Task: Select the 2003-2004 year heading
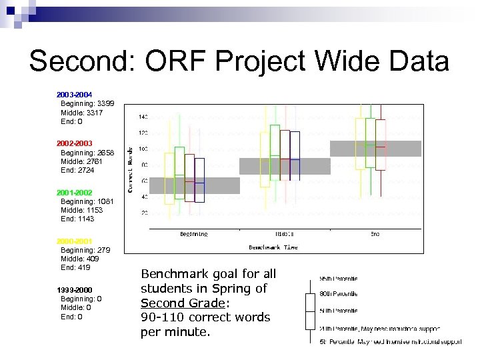tap(74, 95)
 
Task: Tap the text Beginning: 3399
tap(87, 104)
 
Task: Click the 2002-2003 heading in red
tap(74, 143)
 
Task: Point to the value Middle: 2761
tap(82, 161)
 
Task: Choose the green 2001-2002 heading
tap(74, 192)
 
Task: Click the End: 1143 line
tap(77, 219)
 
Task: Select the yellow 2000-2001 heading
tap(74, 241)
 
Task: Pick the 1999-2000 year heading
tap(74, 290)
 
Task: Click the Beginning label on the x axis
tap(193, 234)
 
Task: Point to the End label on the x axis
tap(375, 234)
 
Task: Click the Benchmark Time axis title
tap(273, 247)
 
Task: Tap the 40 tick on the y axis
tap(143, 197)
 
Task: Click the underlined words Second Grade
tap(181, 303)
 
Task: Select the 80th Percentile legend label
tap(339, 294)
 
